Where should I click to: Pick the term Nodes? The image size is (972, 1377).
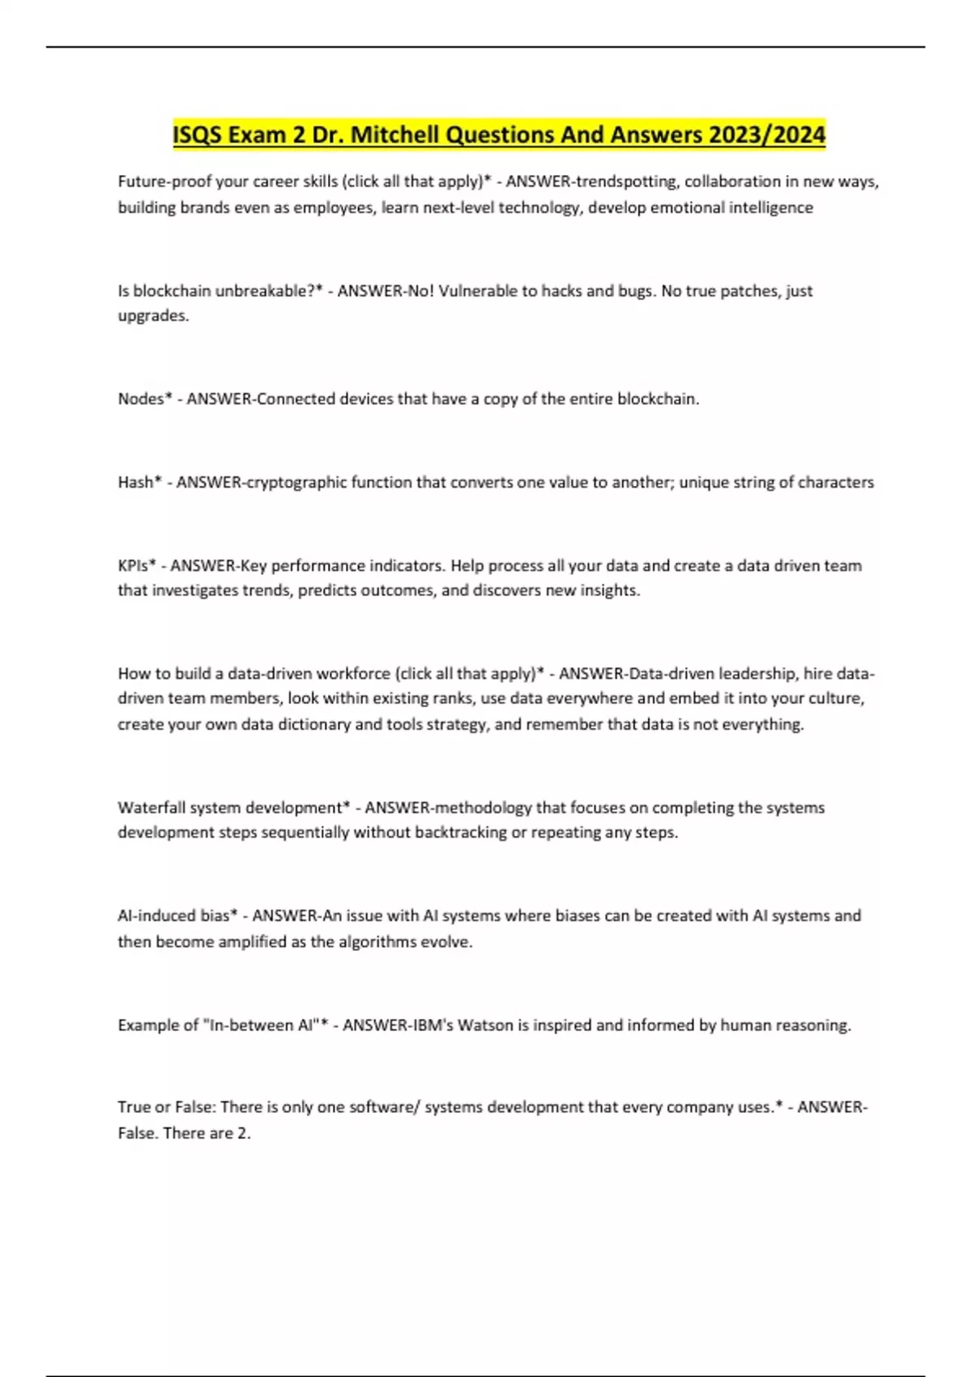click(x=141, y=399)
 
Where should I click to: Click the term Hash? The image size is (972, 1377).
click(x=135, y=482)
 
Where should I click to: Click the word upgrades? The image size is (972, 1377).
click(x=153, y=316)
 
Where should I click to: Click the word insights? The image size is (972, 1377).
click(x=611, y=590)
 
